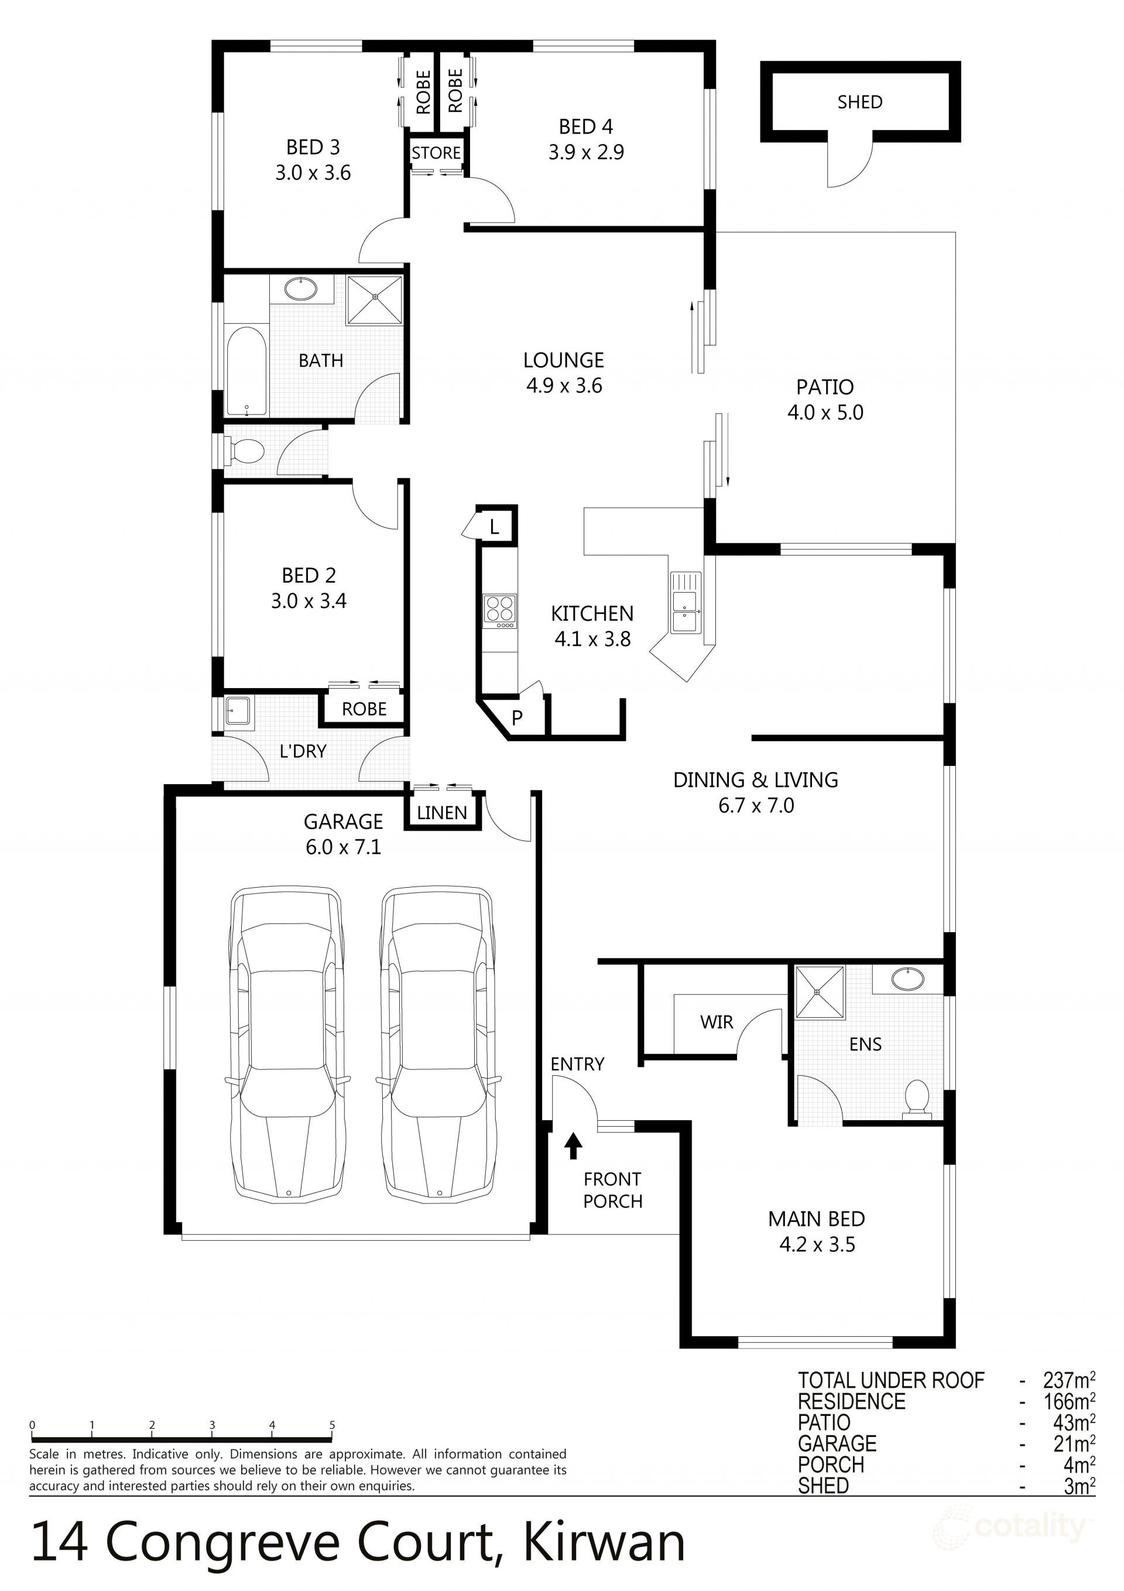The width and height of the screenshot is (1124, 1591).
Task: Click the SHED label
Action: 859,102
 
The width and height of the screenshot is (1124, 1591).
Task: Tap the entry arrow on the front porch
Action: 573,1145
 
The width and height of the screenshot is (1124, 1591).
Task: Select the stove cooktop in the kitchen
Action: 499,611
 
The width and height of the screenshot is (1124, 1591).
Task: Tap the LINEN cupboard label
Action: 442,813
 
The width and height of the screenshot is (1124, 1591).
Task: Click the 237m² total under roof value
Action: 1068,1380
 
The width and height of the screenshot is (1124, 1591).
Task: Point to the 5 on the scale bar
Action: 332,1425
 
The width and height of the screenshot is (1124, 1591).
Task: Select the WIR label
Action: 716,1022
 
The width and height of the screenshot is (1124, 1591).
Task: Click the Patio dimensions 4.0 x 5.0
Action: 825,412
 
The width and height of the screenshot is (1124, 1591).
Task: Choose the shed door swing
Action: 849,163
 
